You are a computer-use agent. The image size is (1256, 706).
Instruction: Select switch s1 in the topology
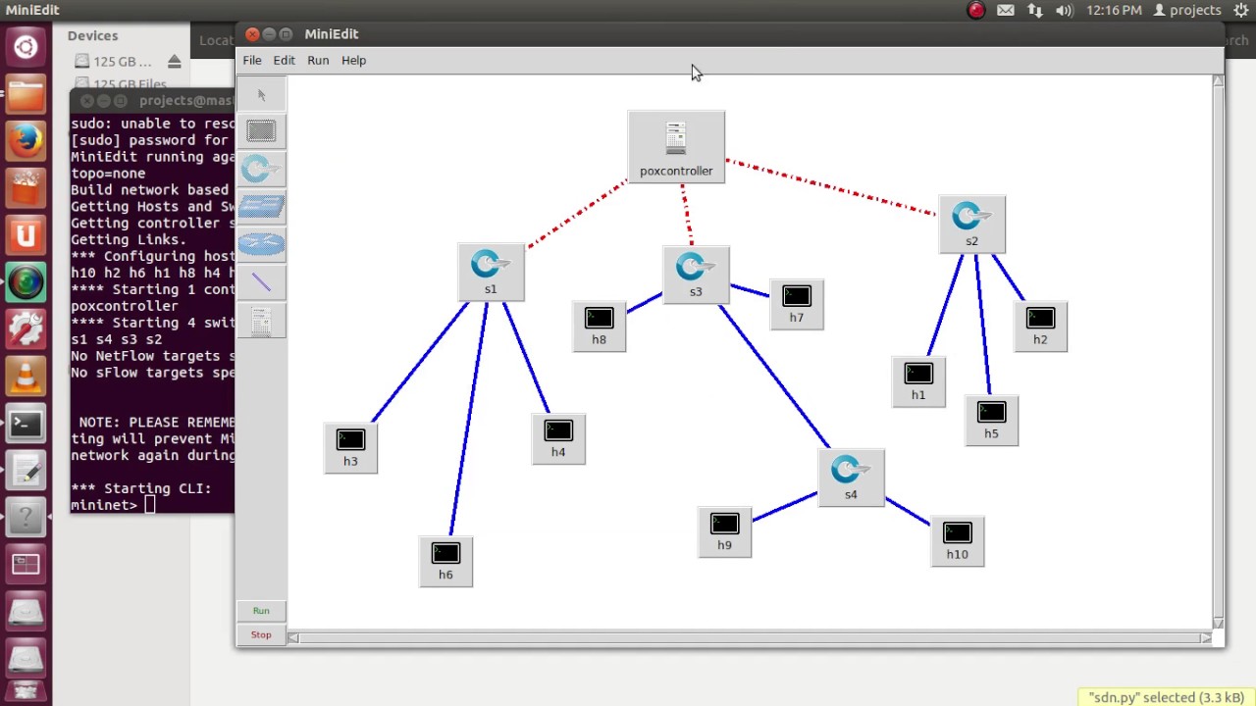(491, 266)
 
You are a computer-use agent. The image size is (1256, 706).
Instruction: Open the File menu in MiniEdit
(252, 61)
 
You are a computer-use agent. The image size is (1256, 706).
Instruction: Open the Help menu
(353, 61)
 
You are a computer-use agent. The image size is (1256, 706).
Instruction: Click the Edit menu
(284, 61)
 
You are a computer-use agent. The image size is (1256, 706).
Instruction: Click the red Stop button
(261, 635)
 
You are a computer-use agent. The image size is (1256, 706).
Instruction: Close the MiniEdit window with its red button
(252, 34)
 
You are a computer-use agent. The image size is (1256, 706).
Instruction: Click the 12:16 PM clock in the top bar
(1114, 11)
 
